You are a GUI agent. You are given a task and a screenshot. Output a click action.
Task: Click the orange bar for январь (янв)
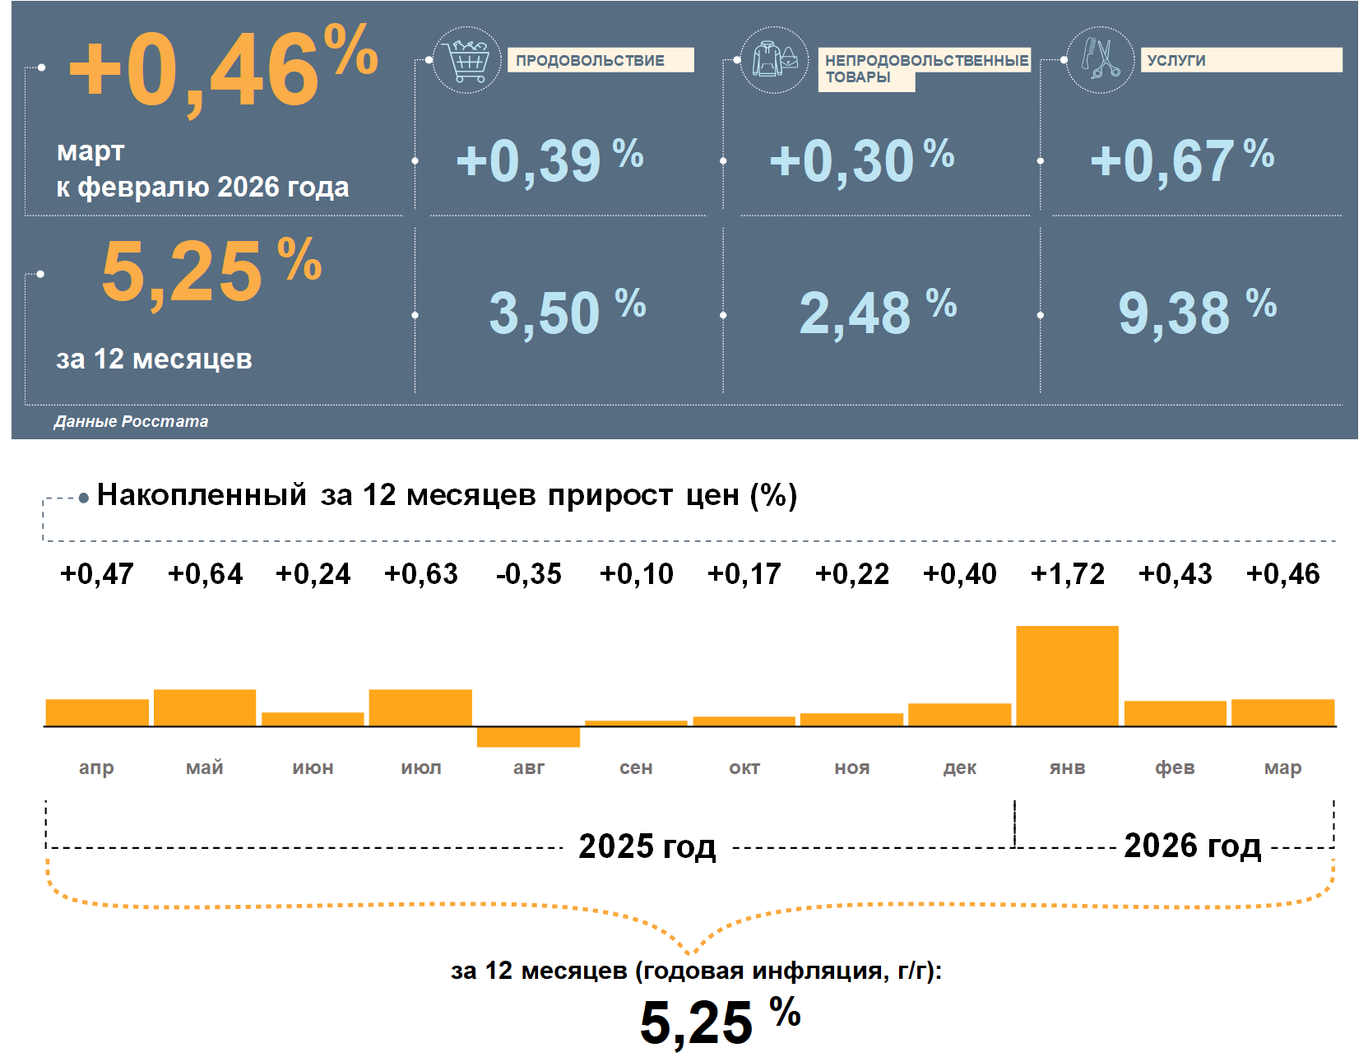click(x=1067, y=675)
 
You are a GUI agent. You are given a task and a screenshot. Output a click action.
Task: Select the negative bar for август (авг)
click(x=528, y=737)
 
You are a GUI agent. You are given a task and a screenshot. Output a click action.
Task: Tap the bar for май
click(x=205, y=707)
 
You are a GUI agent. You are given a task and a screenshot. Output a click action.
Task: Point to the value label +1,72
click(x=1067, y=573)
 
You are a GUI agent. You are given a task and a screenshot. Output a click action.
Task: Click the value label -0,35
click(x=528, y=573)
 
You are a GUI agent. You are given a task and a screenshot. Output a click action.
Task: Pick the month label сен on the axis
click(x=636, y=767)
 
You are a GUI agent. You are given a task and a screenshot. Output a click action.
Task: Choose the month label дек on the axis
click(x=959, y=767)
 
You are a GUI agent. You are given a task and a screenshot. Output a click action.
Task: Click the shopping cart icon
click(x=466, y=60)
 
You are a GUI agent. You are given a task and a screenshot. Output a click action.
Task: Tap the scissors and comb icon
click(x=1101, y=59)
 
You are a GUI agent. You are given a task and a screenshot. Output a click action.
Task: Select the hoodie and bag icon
click(x=774, y=59)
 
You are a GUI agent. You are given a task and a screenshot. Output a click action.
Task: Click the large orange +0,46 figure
click(x=194, y=72)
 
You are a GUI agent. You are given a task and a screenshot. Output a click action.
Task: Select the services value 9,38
click(x=1175, y=313)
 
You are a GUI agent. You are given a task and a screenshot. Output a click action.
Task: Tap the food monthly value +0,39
click(x=528, y=160)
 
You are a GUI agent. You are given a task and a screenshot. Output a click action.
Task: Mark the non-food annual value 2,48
click(x=856, y=313)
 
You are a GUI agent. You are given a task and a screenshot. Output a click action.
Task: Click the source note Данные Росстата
click(x=131, y=421)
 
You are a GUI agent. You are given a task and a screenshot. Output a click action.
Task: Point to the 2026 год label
click(x=1192, y=846)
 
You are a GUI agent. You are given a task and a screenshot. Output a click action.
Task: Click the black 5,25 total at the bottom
click(x=697, y=1022)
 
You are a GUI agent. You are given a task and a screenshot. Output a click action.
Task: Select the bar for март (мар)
click(x=1282, y=712)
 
